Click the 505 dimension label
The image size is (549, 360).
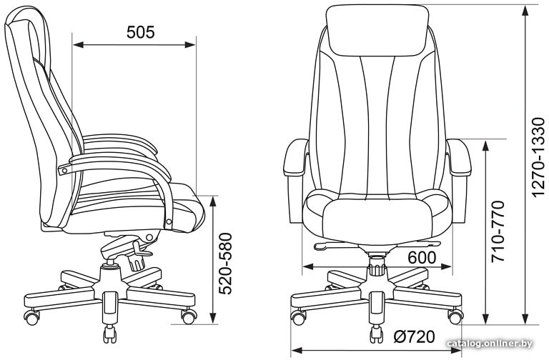pyautogui.click(x=140, y=32)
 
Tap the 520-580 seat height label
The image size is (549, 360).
pyautogui.click(x=225, y=264)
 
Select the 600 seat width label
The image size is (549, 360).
pyautogui.click(x=422, y=258)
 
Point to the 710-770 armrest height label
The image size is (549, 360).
pyautogui.click(x=498, y=231)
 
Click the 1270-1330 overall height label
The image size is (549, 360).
pyautogui.click(x=538, y=158)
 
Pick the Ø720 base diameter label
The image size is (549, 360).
pyautogui.click(x=414, y=337)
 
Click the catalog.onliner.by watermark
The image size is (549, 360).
pyautogui.click(x=490, y=344)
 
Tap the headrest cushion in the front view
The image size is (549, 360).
pyautogui.click(x=377, y=30)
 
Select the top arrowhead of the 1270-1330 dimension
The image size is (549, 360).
pyautogui.click(x=525, y=11)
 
